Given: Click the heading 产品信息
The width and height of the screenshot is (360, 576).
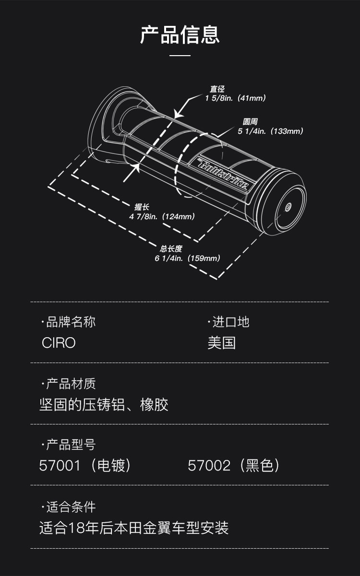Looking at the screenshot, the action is (x=180, y=35).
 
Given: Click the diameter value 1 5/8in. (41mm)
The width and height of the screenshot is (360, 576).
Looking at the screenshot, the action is (x=235, y=98).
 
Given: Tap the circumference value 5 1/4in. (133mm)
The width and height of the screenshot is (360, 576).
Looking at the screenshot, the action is (x=270, y=131).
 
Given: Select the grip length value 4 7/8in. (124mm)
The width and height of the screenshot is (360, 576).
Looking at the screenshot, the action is (x=162, y=217).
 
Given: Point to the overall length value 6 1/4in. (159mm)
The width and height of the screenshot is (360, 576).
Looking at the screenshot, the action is (x=187, y=258).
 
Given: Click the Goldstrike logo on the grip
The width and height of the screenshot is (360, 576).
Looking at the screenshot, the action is (x=224, y=175).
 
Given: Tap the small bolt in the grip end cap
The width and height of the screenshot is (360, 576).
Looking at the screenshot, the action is (x=288, y=207).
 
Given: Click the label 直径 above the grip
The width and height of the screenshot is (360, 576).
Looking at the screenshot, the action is (x=217, y=89).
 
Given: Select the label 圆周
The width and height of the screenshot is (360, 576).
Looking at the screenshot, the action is (x=250, y=122).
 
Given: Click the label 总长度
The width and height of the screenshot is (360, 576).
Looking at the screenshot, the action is (x=171, y=249).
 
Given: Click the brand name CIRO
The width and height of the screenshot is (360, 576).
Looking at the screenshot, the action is (x=59, y=343).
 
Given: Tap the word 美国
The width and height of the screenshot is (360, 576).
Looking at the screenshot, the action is (x=221, y=343).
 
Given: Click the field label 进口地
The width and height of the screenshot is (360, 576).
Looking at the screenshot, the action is (x=230, y=322).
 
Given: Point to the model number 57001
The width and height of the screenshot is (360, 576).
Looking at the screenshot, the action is (x=60, y=466).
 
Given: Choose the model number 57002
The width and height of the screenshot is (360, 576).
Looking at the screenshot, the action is (x=209, y=466).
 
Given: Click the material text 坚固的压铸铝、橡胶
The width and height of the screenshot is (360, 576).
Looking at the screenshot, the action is (x=104, y=405).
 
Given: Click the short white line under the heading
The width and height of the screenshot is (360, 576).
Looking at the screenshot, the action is (x=180, y=56).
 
